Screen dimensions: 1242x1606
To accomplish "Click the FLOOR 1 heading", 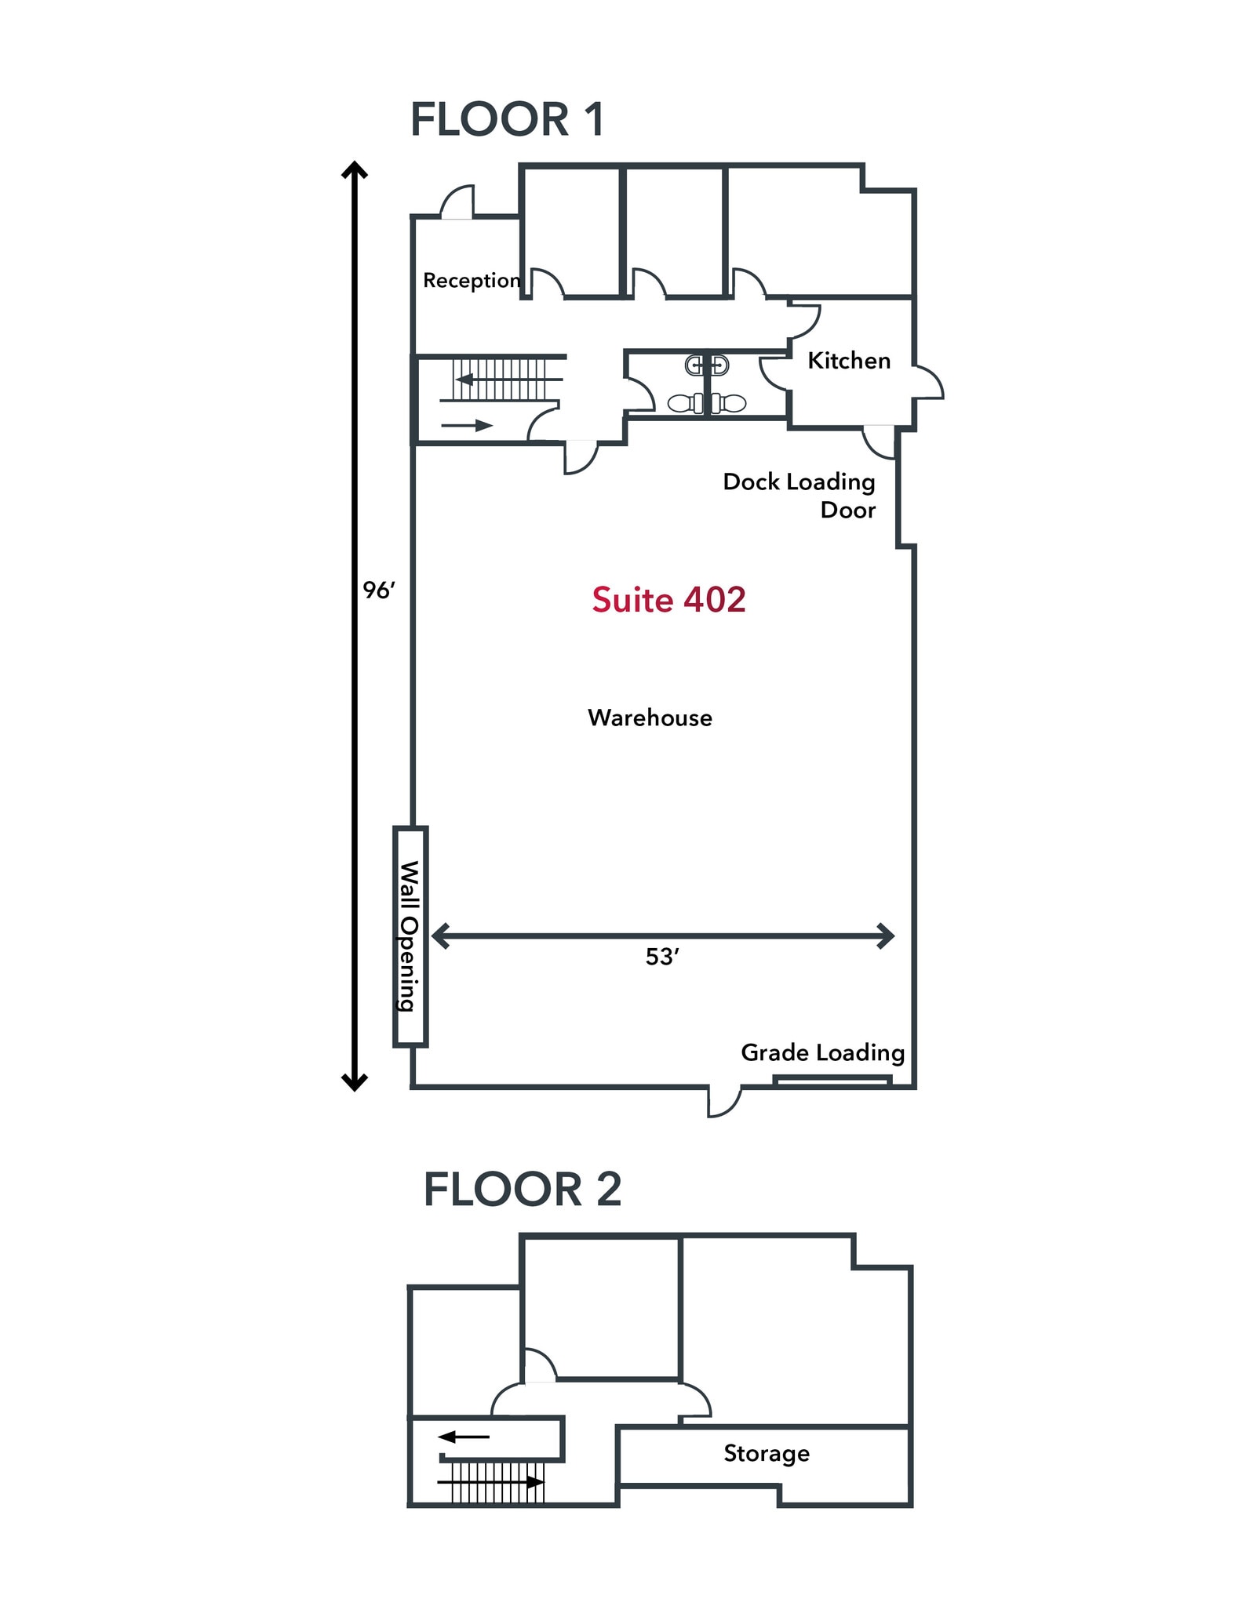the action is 507,120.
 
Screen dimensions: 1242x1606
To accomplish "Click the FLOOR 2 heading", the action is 523,1189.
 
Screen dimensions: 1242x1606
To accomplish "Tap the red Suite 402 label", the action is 668,600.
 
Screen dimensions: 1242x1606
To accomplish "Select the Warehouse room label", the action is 650,718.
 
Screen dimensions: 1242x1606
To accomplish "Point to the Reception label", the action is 472,281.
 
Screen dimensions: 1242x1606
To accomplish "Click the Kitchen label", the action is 849,361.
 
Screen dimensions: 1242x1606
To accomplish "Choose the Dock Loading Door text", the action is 799,496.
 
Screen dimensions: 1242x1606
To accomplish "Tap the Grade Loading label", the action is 823,1053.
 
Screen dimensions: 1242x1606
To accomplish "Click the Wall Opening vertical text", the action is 410,936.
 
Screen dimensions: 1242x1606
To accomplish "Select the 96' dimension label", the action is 378,590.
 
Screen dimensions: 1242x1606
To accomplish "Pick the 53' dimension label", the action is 661,957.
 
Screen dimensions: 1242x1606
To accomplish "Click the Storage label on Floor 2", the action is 767,1453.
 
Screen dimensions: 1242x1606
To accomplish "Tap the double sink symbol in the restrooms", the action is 707,365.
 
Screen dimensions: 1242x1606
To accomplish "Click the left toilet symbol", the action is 686,403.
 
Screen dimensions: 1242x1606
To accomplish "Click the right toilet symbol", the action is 728,403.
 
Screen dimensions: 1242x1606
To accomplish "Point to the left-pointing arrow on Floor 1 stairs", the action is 509,380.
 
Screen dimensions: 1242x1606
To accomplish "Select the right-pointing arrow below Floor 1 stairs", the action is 467,426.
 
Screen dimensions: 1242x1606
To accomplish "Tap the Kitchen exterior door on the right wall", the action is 928,383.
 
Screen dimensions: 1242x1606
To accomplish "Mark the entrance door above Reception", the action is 457,202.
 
